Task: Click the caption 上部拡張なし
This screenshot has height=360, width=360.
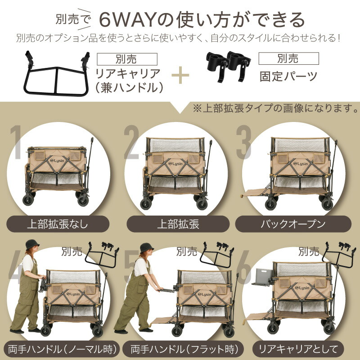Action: (58, 224)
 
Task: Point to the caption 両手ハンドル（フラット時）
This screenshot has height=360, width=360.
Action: (180, 348)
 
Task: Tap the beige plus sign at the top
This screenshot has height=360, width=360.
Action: (180, 74)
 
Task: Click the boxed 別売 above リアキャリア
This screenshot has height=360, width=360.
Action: (126, 59)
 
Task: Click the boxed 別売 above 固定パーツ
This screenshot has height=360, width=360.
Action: (288, 58)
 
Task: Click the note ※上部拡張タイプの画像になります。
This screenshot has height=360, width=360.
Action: (275, 108)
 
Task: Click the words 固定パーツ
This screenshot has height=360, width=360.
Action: (288, 75)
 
